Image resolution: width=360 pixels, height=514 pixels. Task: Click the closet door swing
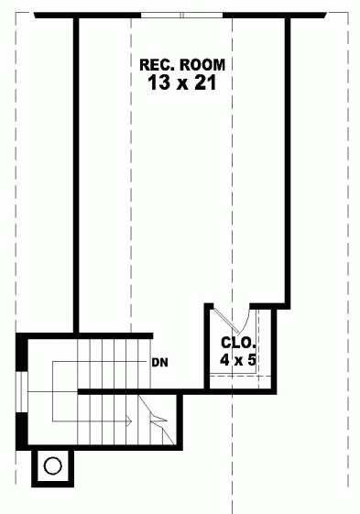pyautogui.click(x=235, y=321)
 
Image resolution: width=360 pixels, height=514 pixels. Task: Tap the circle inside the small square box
pyautogui.click(x=52, y=465)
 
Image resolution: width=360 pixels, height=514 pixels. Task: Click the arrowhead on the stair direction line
pyautogui.click(x=128, y=421)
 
